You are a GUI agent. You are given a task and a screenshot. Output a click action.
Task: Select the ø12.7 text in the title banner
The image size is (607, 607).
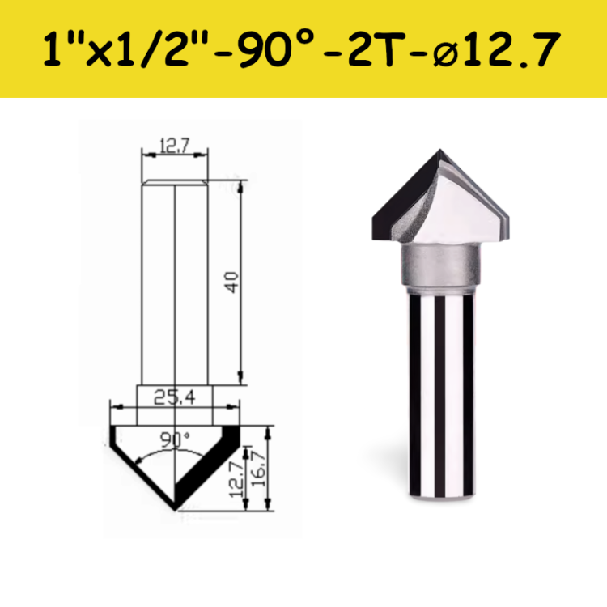[x=494, y=51]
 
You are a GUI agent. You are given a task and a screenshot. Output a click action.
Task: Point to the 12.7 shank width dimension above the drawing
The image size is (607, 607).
[x=174, y=146]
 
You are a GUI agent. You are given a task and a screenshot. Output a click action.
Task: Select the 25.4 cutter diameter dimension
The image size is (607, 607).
[x=175, y=397]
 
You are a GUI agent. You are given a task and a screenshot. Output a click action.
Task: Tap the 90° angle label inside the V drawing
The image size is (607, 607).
[x=174, y=439]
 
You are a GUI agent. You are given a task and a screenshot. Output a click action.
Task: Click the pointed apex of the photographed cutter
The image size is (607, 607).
[x=441, y=151]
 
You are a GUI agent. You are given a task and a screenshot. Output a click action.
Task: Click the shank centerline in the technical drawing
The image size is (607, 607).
[x=176, y=283]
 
